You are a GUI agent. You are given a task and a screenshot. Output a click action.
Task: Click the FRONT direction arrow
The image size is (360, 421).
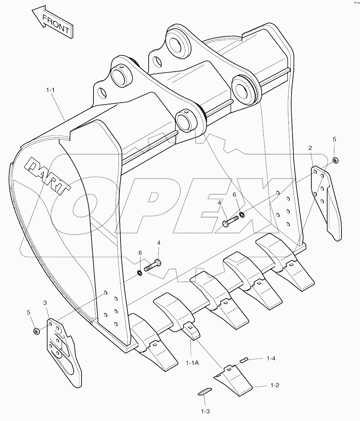pos(52,23)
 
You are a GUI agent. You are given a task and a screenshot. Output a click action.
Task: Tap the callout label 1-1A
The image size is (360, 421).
pos(192,363)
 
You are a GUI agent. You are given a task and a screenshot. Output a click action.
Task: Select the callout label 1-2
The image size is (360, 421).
pos(275,385)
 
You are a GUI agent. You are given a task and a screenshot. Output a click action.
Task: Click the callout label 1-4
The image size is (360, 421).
pos(271,358)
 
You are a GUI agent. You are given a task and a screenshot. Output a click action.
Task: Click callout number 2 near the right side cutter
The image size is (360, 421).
pos(310,148)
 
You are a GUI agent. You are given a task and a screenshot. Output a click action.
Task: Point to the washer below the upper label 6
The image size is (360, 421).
pos(242,215)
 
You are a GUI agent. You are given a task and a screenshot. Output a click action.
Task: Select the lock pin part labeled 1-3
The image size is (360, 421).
pos(205,392)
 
